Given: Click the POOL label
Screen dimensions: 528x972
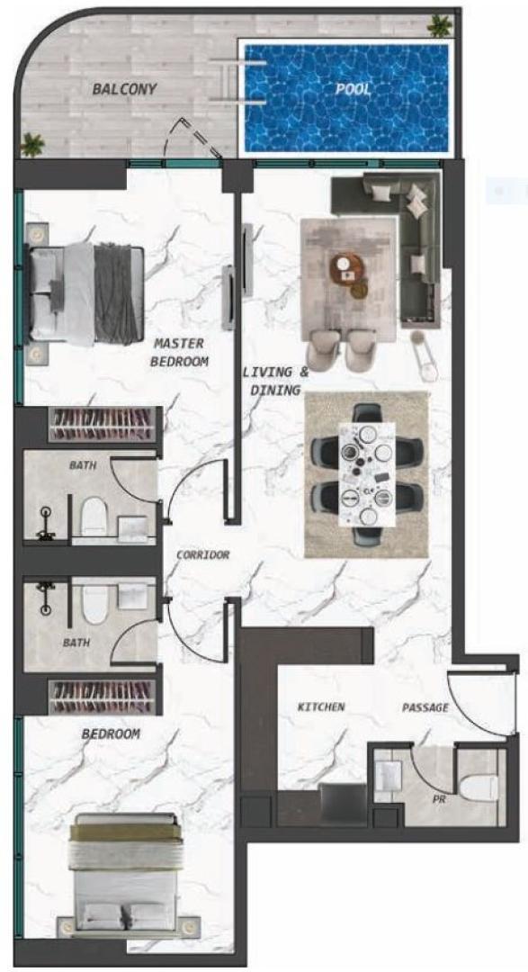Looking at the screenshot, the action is point(353,89).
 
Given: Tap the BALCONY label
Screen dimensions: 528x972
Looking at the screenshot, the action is point(124,89).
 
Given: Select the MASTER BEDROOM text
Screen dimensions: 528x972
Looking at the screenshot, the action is point(179,352).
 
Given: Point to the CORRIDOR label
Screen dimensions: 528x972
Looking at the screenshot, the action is point(202,554).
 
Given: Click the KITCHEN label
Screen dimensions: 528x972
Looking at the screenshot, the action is point(321,706).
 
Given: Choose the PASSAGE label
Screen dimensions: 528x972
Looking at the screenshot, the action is point(425,707).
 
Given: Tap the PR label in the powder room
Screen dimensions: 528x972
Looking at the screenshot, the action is point(439,800).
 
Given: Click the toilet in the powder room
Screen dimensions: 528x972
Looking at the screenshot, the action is point(479,786).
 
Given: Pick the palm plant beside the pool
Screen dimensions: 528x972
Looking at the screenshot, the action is point(439,25).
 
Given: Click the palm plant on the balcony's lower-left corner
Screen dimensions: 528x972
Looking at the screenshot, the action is point(32,145).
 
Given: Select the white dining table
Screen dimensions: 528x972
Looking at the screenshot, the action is point(367,474).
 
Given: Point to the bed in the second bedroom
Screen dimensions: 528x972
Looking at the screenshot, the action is point(127,873).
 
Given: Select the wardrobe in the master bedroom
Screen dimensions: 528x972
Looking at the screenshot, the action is point(103,424).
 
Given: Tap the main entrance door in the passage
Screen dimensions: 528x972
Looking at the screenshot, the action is point(480,705).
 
